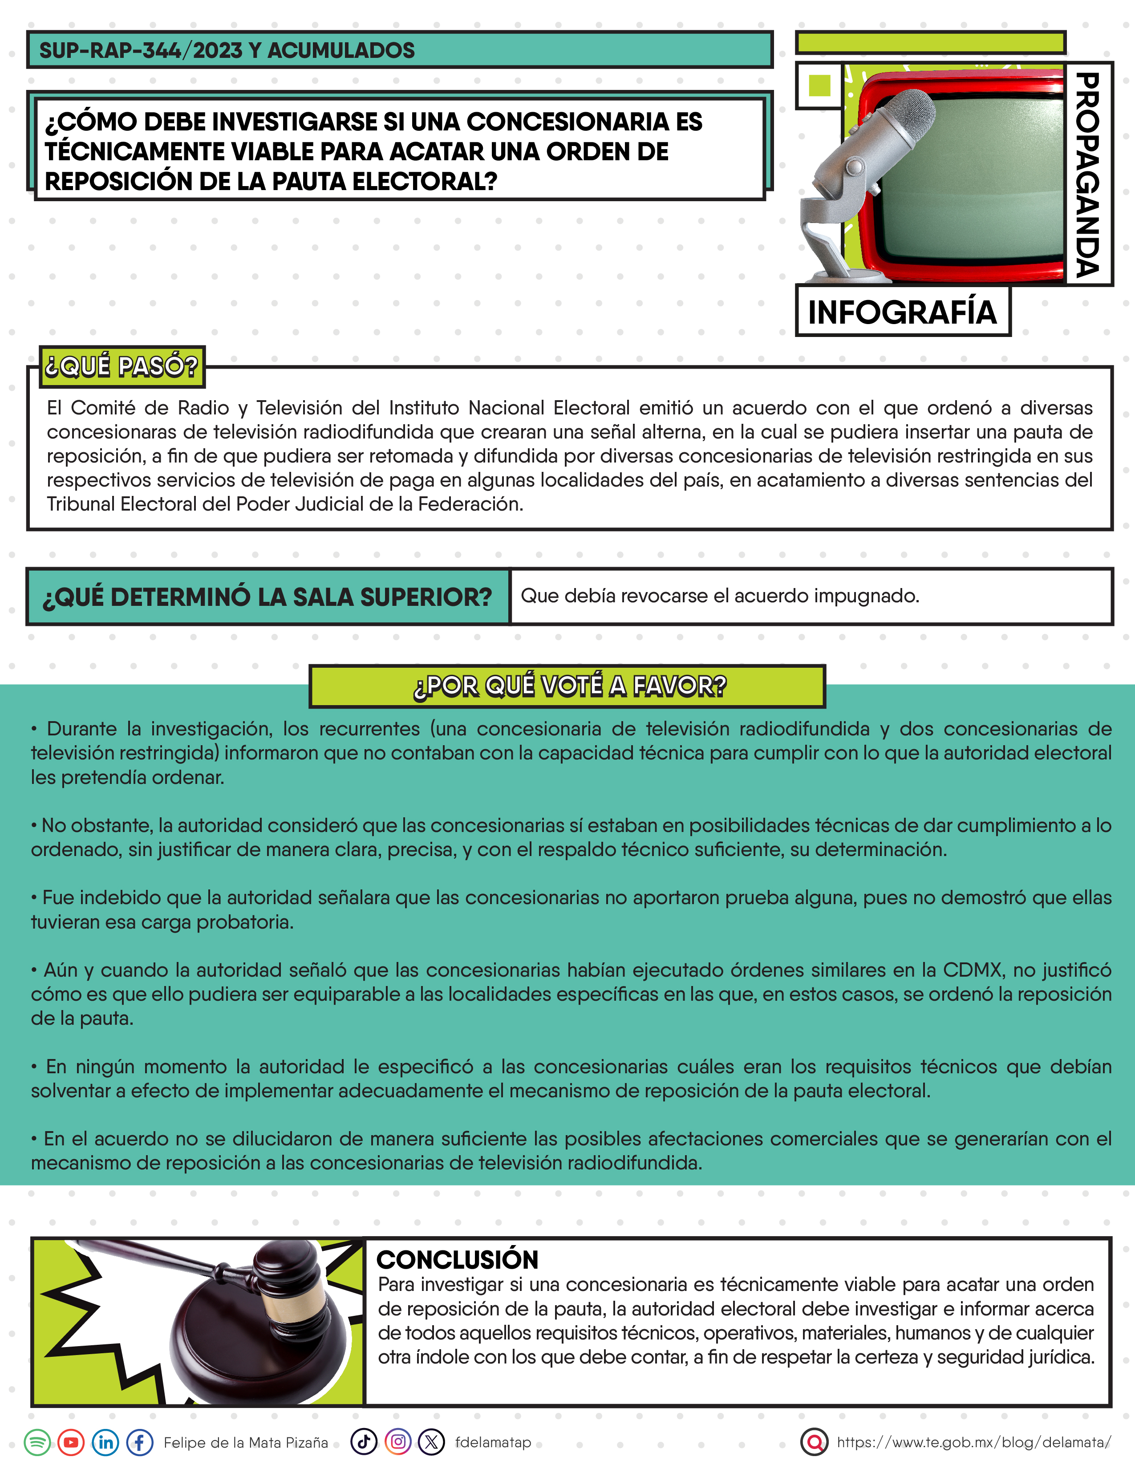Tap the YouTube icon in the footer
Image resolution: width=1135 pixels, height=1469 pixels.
(x=71, y=1442)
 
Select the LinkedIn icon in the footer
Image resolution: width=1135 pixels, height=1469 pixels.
(x=105, y=1442)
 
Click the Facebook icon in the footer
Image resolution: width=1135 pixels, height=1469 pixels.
(x=140, y=1442)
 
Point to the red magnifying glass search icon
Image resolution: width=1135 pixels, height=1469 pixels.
(x=814, y=1442)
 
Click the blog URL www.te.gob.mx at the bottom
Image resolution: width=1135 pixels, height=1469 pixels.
(x=973, y=1442)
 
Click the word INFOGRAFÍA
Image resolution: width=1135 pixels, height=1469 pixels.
(x=902, y=312)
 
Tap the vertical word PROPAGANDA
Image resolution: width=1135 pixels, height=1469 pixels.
(x=1087, y=175)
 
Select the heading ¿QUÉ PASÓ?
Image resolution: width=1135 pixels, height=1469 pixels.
(x=122, y=366)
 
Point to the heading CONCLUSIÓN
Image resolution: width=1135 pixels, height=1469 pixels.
(x=457, y=1260)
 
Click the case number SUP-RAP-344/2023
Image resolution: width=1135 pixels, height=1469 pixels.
(x=141, y=50)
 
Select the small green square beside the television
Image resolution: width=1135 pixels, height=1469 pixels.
(x=819, y=85)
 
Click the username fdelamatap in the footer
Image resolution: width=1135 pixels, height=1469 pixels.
(x=493, y=1442)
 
